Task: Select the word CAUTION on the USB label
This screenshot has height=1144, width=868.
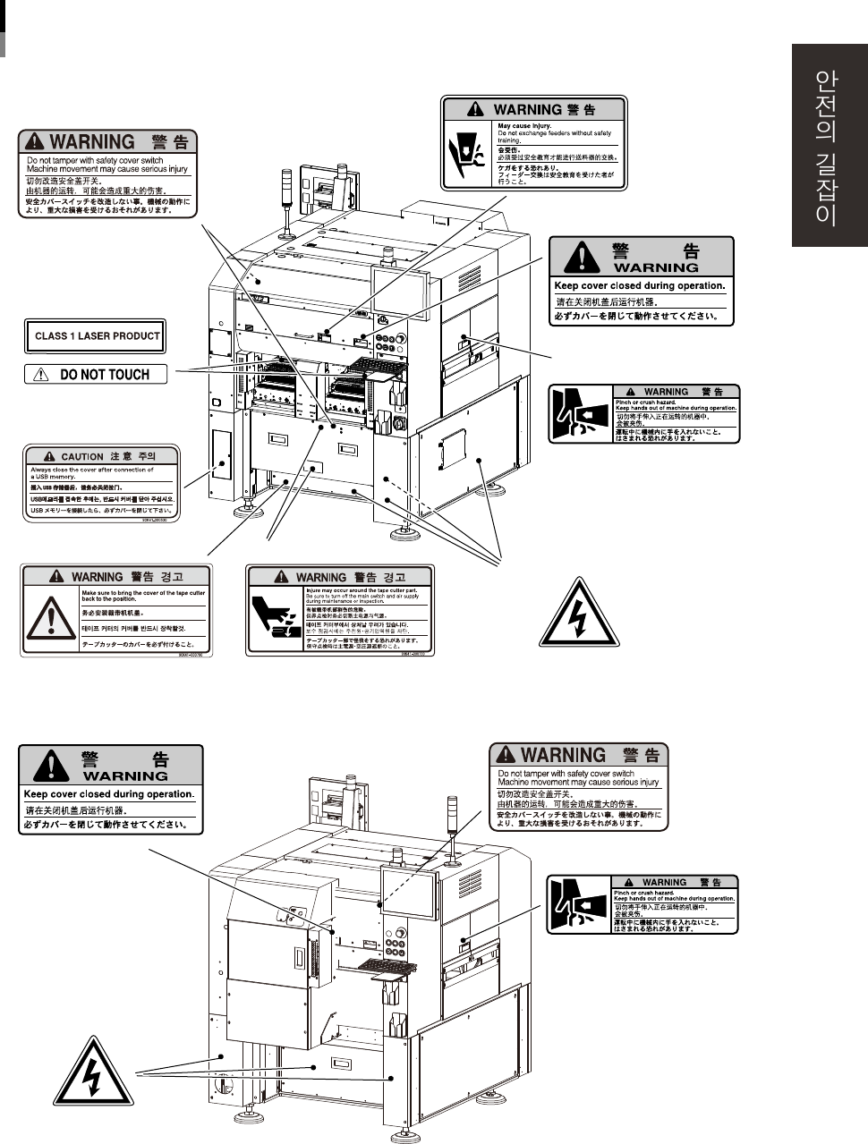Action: click(x=82, y=457)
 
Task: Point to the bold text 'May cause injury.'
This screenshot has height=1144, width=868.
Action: click(x=524, y=126)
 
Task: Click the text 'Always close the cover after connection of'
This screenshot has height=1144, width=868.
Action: click(x=92, y=470)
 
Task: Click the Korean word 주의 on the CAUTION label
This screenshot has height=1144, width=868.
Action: click(x=145, y=457)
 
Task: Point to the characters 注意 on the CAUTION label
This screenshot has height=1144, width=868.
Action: click(x=120, y=457)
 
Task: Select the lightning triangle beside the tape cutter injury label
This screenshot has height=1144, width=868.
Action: click(x=578, y=613)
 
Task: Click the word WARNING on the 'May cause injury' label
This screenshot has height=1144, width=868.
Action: click(x=527, y=109)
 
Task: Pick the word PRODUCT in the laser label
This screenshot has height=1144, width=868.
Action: click(x=137, y=336)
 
